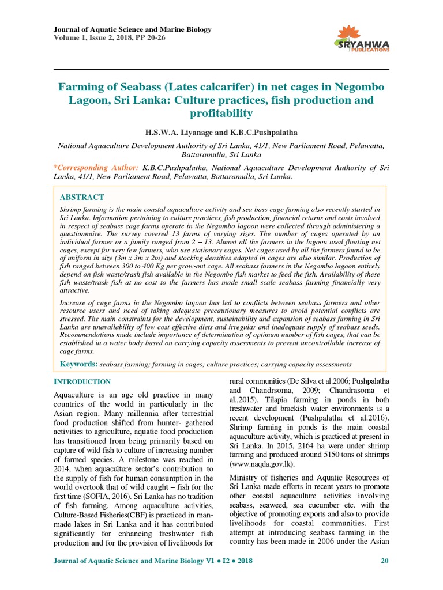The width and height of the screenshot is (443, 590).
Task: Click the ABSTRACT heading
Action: (x=82, y=197)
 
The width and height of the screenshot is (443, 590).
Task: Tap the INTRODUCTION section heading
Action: (x=82, y=382)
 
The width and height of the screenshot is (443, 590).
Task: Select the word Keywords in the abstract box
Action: (x=79, y=364)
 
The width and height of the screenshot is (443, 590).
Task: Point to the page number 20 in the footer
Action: (x=385, y=561)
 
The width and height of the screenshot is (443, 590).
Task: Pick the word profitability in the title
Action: (x=221, y=114)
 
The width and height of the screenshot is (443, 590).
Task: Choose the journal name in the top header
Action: (x=133, y=29)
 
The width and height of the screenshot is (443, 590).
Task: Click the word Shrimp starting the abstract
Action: (x=72, y=209)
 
